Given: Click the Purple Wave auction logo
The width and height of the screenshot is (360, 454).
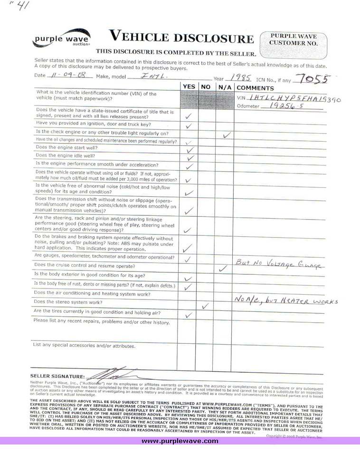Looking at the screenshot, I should click(x=61, y=38).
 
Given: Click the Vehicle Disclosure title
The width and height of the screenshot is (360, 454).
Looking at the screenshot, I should click(x=181, y=37).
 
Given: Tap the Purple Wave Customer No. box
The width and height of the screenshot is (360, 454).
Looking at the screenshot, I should click(x=294, y=46).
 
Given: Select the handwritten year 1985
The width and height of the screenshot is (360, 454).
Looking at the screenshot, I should click(x=241, y=77).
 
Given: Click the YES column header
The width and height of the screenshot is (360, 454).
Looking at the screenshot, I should click(x=188, y=87).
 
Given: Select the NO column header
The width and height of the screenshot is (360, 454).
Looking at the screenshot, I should click(x=206, y=87).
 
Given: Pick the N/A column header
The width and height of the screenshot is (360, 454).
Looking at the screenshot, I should click(x=224, y=87).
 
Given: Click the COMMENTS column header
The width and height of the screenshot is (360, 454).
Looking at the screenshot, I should click(x=255, y=87).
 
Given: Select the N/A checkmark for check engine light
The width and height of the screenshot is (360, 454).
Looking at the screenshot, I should click(x=227, y=135).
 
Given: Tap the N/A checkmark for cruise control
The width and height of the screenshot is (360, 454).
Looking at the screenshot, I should click(x=222, y=269).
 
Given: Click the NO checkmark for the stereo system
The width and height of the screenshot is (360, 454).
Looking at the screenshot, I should click(x=205, y=306).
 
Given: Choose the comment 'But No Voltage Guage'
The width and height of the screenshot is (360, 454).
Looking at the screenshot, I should click(x=277, y=263).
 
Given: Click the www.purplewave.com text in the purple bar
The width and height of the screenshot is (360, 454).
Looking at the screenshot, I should click(x=180, y=441).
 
